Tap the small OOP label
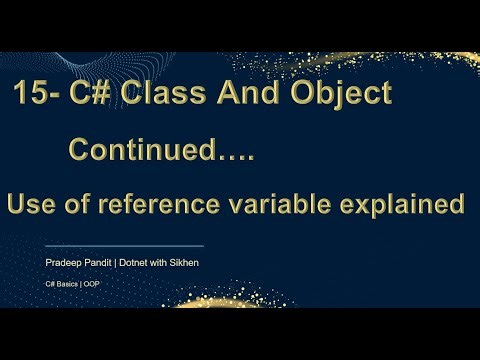pyautogui.click(x=92, y=284)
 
